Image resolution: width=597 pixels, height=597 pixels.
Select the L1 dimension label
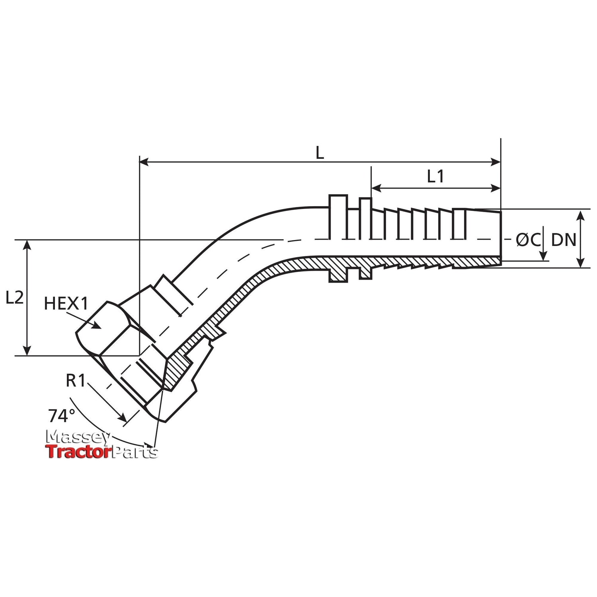pyautogui.click(x=435, y=176)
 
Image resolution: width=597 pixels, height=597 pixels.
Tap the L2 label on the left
pyautogui.click(x=15, y=298)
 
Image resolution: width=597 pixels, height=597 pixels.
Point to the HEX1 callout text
pyautogui.click(x=66, y=304)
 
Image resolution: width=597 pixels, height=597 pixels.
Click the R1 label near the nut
pyautogui.click(x=76, y=381)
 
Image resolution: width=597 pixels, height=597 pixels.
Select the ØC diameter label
pyautogui.click(x=528, y=240)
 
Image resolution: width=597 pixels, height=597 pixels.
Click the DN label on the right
pyautogui.click(x=564, y=240)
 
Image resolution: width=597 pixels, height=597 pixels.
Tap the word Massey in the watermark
pyautogui.click(x=79, y=437)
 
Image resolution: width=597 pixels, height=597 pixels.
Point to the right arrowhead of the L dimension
pyautogui.click(x=496, y=162)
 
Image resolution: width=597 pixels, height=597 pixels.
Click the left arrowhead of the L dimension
pyautogui.click(x=144, y=162)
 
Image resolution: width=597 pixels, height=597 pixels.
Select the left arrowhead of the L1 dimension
pyautogui.click(x=376, y=188)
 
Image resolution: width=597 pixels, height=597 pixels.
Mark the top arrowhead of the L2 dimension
pyautogui.click(x=27, y=245)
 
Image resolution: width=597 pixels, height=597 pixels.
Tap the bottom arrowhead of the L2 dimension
pyautogui.click(x=27, y=350)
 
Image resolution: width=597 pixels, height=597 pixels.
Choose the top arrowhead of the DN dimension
pyautogui.click(x=581, y=215)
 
